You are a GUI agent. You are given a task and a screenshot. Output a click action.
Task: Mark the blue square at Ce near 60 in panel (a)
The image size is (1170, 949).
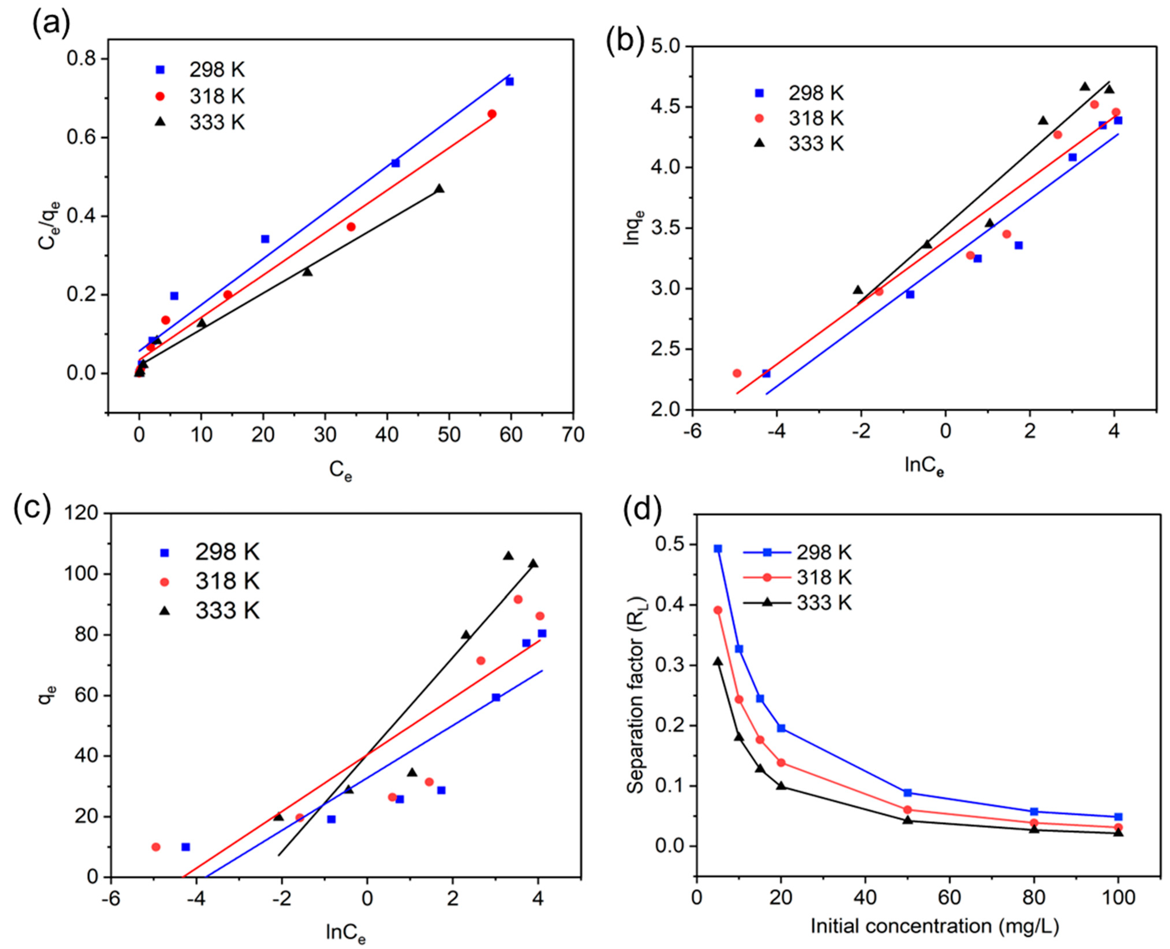(509, 81)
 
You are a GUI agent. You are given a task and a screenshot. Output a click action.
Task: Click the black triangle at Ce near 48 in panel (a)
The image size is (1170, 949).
(439, 188)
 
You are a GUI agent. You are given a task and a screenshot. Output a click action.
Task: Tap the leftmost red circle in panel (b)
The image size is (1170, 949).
(737, 373)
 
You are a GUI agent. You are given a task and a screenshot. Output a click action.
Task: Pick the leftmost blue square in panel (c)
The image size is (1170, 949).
(186, 847)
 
